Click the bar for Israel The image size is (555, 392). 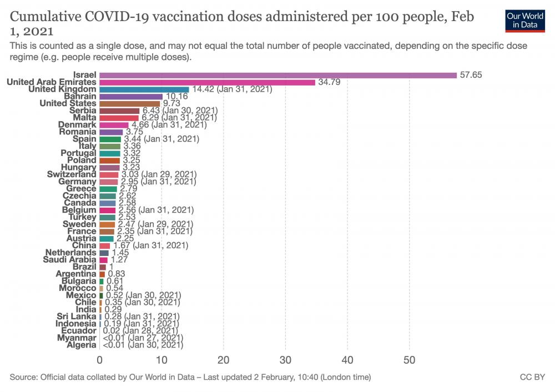pyautogui.click(x=277, y=75)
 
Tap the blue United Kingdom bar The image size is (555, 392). pyautogui.click(x=144, y=89)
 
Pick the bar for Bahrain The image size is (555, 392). pyautogui.click(x=131, y=97)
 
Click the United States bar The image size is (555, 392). pyautogui.click(x=130, y=103)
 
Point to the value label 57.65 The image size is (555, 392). pyautogui.click(x=471, y=75)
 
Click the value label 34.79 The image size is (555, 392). pyautogui.click(x=329, y=82)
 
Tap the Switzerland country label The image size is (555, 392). pyautogui.click(x=72, y=174)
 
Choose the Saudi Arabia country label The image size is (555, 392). pyautogui.click(x=69, y=259)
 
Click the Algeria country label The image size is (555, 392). pyautogui.click(x=81, y=345)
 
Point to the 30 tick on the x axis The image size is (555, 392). pyautogui.click(x=285, y=360)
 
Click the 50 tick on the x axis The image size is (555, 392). pyautogui.click(x=409, y=360)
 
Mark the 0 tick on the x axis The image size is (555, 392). pyautogui.click(x=100, y=360)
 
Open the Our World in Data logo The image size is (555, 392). pyautogui.click(x=524, y=20)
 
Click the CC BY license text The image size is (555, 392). pyautogui.click(x=532, y=378)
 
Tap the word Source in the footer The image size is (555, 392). pyautogui.click(x=24, y=378)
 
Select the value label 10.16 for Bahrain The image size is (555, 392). pyautogui.click(x=175, y=97)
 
